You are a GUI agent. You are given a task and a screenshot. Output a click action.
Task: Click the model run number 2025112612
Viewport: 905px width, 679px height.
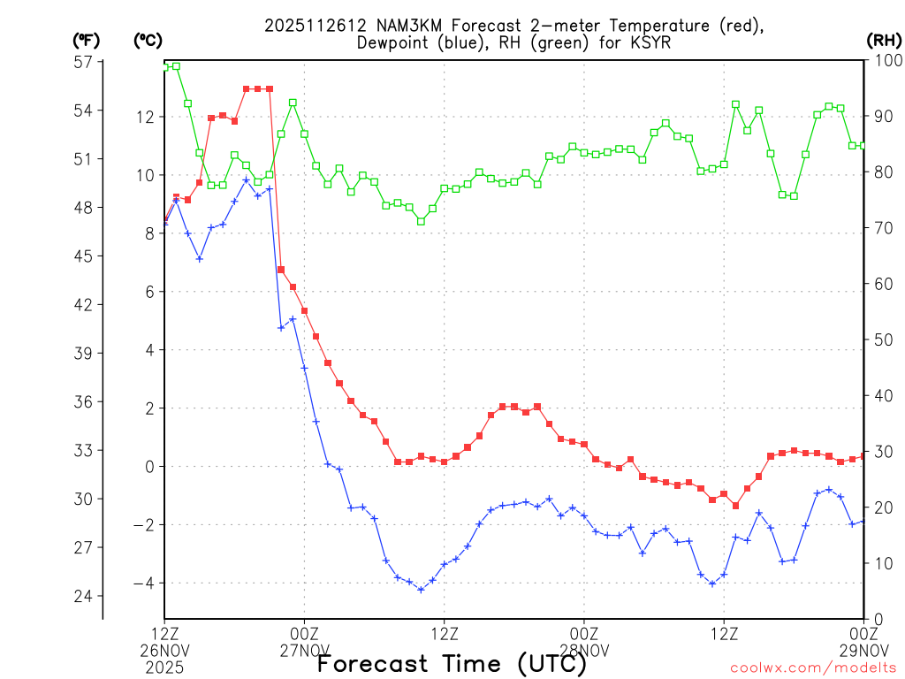305,26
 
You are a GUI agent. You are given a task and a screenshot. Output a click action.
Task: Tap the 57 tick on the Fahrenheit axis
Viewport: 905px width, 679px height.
84,62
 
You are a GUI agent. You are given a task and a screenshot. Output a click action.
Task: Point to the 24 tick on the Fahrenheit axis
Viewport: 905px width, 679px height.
84,596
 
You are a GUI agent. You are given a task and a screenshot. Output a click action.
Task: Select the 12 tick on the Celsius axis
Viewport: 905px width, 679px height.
145,117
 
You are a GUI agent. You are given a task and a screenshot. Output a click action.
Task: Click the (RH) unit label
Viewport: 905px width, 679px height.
884,40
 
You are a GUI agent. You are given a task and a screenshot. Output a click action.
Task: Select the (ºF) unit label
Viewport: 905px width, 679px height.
87,40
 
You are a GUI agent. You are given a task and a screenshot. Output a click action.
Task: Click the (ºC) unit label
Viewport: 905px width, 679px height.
148,40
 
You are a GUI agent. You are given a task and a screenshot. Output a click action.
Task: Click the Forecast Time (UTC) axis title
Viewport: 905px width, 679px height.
452,664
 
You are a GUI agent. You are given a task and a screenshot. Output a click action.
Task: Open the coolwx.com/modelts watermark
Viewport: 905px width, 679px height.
813,667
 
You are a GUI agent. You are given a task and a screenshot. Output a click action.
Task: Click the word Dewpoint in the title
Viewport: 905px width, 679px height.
394,43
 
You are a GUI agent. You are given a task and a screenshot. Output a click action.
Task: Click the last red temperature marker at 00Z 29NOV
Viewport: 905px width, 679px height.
863,456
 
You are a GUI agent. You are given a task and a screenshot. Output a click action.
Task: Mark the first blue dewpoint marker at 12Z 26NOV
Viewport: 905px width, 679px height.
164,222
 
